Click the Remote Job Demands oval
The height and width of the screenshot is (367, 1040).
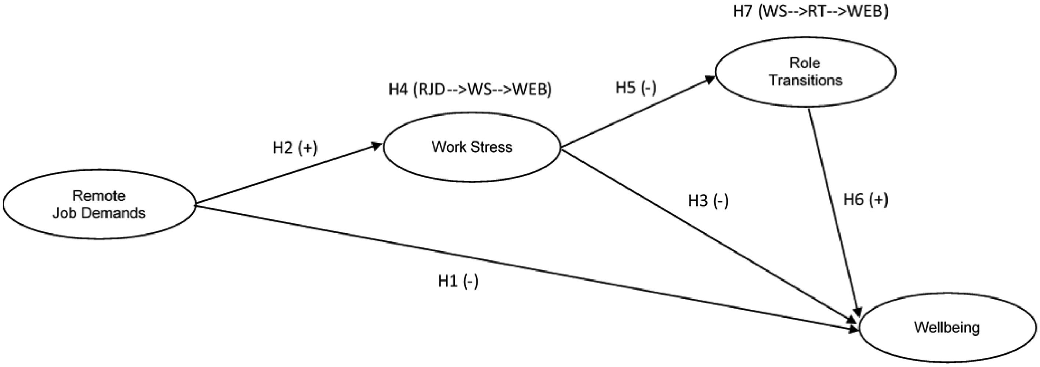[99, 204]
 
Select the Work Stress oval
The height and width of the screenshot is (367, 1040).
[472, 147]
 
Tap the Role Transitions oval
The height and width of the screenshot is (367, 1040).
[805, 72]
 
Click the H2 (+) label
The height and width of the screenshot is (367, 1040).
[295, 148]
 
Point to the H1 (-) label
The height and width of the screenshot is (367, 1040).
[458, 281]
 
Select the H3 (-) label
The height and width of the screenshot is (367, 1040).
[708, 201]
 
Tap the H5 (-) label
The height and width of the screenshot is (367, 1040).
[636, 88]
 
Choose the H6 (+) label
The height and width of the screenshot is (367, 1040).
[866, 200]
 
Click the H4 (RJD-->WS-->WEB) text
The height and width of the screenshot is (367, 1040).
[470, 90]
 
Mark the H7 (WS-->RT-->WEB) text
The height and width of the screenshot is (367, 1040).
[811, 12]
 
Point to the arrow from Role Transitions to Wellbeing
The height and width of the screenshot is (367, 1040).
[834, 210]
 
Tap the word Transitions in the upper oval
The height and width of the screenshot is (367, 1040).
[805, 80]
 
